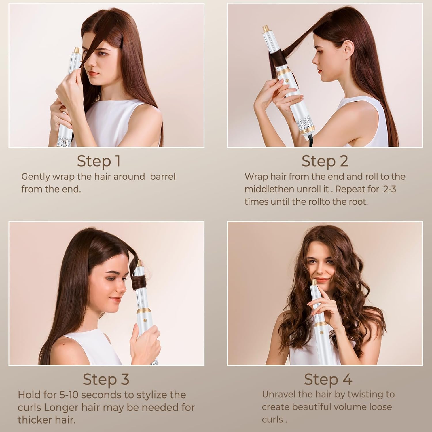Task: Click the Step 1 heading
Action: [98, 161]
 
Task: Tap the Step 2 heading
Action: [325, 161]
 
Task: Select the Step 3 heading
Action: [106, 379]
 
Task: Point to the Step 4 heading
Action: [328, 379]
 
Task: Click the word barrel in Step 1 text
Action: [163, 177]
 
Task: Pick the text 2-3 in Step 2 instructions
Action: [389, 189]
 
